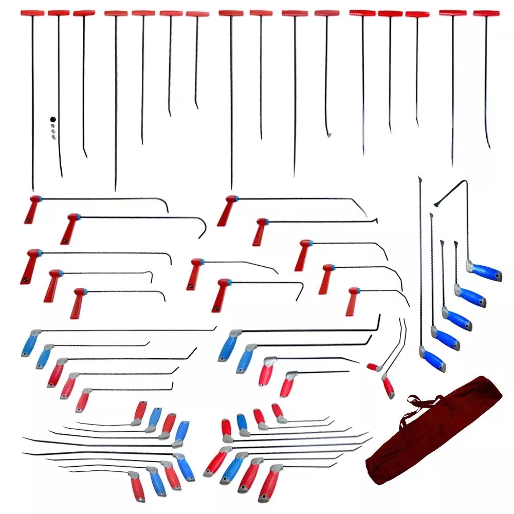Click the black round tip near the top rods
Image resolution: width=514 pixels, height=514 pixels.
[x=52, y=119]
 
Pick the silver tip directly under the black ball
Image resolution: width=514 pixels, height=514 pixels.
[x=52, y=126]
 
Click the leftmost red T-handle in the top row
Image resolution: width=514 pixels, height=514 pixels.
[x=32, y=13]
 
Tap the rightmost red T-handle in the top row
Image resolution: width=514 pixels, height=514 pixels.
[x=486, y=13]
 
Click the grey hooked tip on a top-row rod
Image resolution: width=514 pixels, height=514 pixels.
[x=328, y=135]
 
